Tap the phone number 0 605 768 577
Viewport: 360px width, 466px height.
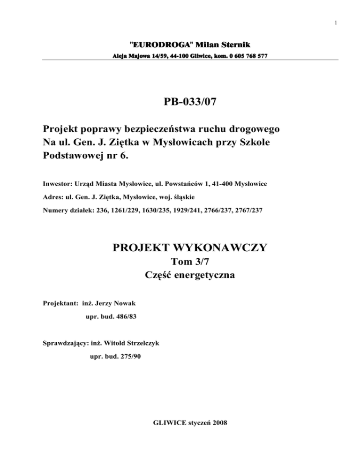(244, 56)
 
